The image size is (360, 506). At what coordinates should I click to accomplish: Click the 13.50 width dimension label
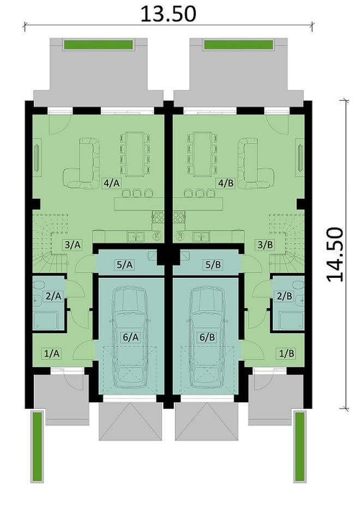point(168,14)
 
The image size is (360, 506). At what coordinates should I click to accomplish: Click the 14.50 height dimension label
point(335,254)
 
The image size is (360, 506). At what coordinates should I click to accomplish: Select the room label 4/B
point(225,183)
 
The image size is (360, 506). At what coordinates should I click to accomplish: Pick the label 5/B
point(212,265)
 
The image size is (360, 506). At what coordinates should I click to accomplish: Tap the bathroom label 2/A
point(54,296)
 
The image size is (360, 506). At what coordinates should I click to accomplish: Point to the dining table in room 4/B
point(202,153)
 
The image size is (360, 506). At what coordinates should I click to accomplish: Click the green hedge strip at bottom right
point(299,446)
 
